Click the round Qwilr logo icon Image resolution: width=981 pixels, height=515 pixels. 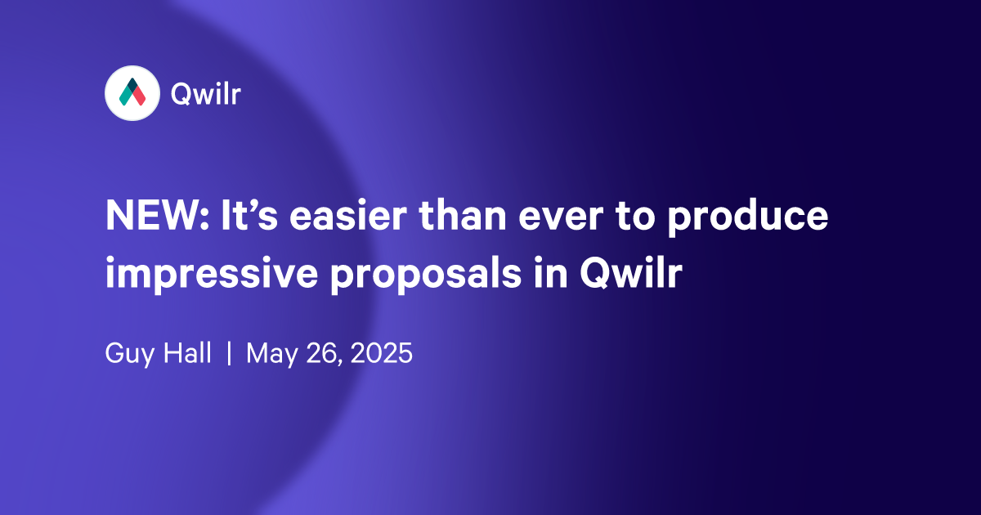point(132,94)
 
